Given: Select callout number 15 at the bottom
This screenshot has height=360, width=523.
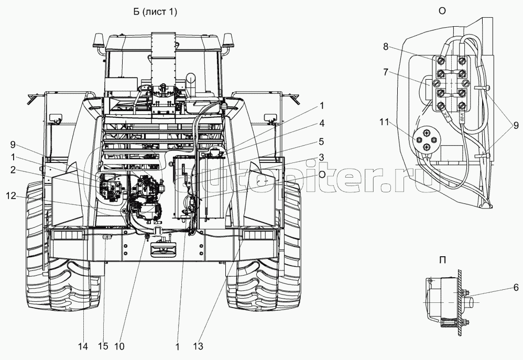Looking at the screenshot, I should (x=104, y=346).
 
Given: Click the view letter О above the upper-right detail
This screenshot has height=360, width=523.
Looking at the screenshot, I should (x=442, y=12).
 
